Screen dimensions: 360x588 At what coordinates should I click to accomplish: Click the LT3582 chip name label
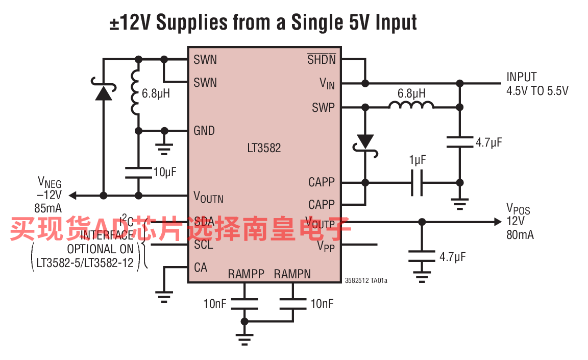tap(264, 149)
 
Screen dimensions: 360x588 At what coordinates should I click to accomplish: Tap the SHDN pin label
tap(322, 60)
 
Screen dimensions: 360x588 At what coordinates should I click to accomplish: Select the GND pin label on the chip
tap(204, 131)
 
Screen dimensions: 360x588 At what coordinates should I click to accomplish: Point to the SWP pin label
tap(324, 108)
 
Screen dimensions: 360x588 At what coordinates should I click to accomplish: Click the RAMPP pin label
tap(246, 274)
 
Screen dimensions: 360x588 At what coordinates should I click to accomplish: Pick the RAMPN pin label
tap(292, 274)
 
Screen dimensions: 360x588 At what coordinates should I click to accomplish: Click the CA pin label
tap(201, 267)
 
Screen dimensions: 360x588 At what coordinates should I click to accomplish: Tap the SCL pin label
tap(203, 245)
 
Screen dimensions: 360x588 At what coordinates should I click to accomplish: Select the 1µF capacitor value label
tap(417, 160)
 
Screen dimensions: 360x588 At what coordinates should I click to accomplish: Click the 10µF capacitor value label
tap(164, 172)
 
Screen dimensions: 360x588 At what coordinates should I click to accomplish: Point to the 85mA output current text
tap(48, 208)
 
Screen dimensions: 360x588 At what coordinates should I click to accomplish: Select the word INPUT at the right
tap(521, 77)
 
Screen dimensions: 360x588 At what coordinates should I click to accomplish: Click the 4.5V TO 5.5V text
tap(537, 91)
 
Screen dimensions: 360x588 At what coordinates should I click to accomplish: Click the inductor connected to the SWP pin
tap(411, 105)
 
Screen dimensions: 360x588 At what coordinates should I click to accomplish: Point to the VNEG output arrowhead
tap(73, 195)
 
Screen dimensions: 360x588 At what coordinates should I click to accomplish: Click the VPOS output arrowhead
tap(498, 222)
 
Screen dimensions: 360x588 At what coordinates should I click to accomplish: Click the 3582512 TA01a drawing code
tap(366, 280)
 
